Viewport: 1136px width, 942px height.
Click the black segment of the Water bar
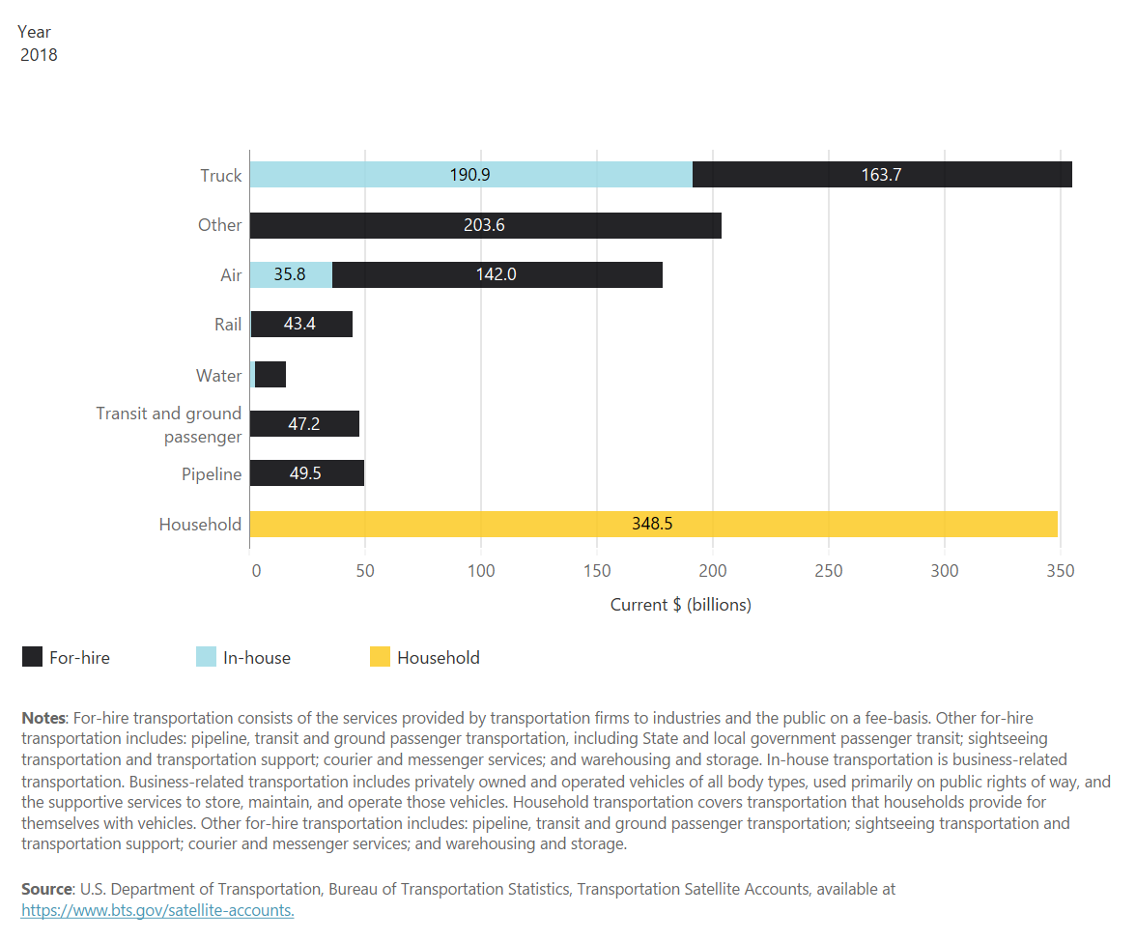tap(270, 375)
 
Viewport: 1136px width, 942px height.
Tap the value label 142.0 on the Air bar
tap(496, 274)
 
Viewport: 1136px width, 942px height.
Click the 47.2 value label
tap(304, 424)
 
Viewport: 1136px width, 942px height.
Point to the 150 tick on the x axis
tap(597, 571)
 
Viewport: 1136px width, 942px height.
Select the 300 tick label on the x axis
tap(945, 571)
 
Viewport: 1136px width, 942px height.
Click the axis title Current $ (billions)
tap(680, 605)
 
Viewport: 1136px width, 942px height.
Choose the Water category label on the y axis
tap(219, 375)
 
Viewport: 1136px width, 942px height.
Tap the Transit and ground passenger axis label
tap(169, 425)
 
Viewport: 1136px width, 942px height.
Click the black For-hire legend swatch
tap(32, 657)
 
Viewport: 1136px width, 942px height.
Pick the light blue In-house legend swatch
tap(206, 657)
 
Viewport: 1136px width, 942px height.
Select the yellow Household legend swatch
tap(380, 657)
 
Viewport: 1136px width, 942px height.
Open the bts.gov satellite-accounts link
tap(157, 911)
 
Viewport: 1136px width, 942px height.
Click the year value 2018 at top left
tap(39, 55)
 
